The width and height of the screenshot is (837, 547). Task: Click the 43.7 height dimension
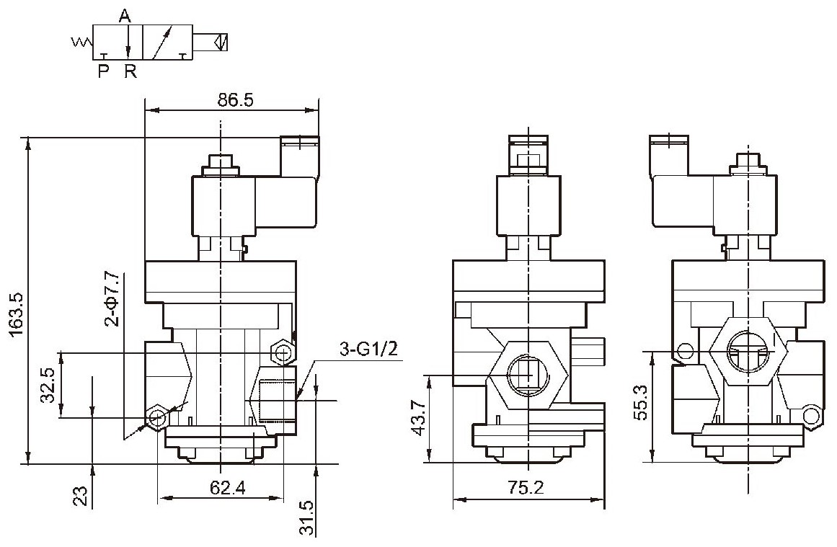pyautogui.click(x=420, y=418)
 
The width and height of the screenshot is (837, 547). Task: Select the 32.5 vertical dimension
pyautogui.click(x=49, y=384)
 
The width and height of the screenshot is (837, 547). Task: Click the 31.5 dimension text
pyautogui.click(x=306, y=517)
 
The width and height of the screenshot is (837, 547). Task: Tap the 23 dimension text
pyautogui.click(x=80, y=495)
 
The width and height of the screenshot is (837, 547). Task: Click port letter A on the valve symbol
pyautogui.click(x=125, y=16)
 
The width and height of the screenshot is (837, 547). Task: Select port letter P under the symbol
pyautogui.click(x=103, y=71)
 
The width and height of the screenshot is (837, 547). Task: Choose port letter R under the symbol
pyautogui.click(x=130, y=71)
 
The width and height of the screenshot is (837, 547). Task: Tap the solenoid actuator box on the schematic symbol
pyautogui.click(x=211, y=41)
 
